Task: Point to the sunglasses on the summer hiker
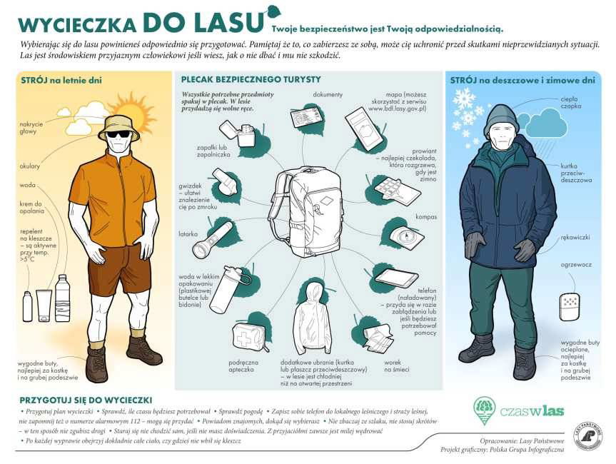coord(118,133)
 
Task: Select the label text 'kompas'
coord(425,216)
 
